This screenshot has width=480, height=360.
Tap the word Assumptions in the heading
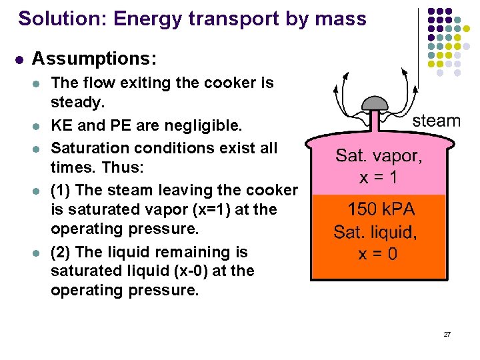94,59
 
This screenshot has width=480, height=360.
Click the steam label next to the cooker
437,121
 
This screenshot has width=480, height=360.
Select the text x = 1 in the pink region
379,179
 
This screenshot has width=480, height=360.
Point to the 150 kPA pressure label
381,209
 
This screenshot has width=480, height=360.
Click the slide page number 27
447,333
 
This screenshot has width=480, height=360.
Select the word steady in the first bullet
76,103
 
